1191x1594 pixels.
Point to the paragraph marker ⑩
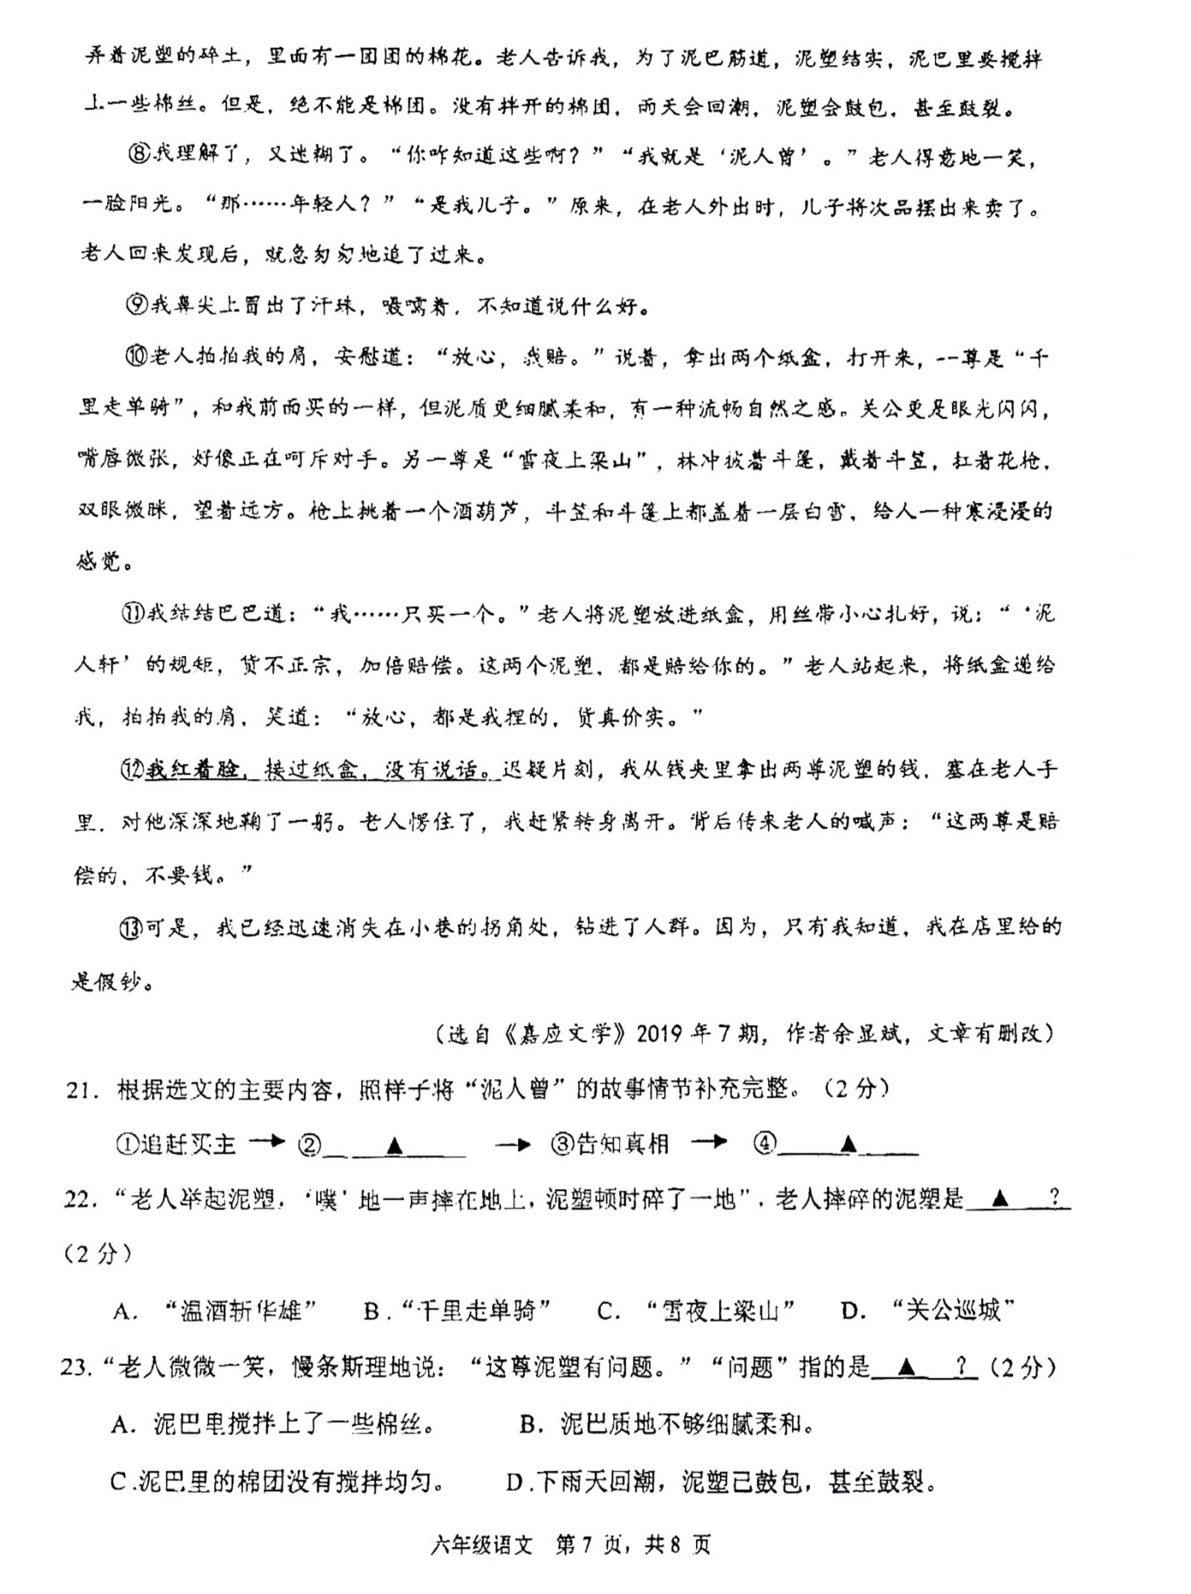click(136, 356)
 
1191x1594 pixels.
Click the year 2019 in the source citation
click(659, 1033)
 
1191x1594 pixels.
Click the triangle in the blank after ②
click(394, 1146)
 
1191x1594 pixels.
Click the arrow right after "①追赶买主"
click(267, 1143)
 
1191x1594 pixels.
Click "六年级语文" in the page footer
click(481, 1544)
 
